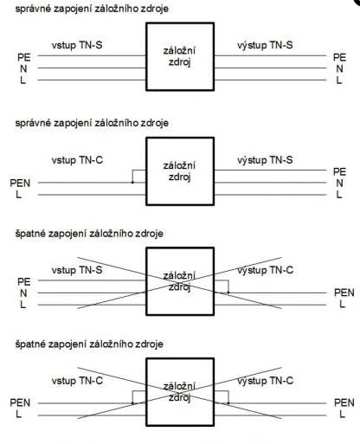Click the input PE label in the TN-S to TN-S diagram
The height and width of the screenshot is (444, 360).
coord(24,57)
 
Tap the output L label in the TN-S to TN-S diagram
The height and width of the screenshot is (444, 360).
coord(339,80)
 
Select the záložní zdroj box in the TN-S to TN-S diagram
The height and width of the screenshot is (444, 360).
coord(180,56)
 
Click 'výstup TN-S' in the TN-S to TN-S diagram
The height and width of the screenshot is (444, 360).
coord(265,45)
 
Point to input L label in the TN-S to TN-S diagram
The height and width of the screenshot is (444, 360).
coord(23,80)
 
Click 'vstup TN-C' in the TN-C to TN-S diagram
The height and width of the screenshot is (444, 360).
coord(77,160)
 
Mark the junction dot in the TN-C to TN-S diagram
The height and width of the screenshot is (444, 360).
coord(132,183)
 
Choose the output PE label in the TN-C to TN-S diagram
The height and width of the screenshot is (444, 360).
coord(339,171)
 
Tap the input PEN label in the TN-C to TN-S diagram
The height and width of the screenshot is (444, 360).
coord(20,183)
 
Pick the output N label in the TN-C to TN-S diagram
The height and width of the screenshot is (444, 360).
coord(339,183)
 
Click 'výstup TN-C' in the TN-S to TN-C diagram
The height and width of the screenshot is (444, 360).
coord(266,270)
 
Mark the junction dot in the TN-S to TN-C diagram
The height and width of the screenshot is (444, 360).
coord(228,293)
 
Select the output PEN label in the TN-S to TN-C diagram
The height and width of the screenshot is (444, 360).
coord(344,293)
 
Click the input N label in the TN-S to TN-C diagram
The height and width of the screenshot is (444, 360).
coord(23,293)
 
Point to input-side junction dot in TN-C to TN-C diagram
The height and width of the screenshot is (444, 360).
coord(132,403)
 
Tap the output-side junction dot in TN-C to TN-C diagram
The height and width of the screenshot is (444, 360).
coord(228,403)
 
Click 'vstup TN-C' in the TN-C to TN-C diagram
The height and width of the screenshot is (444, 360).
coord(77,381)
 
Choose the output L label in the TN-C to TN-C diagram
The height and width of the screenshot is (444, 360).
coord(342,415)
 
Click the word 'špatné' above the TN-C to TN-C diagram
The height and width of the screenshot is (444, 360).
coord(30,344)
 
